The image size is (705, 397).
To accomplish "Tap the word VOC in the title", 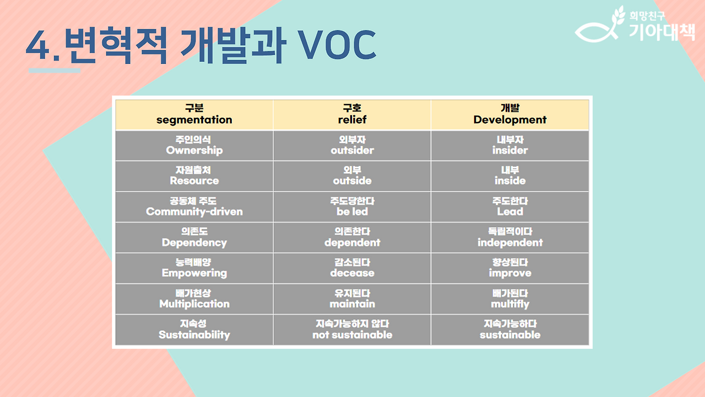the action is (337, 45).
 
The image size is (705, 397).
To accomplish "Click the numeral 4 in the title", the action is (38, 45).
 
